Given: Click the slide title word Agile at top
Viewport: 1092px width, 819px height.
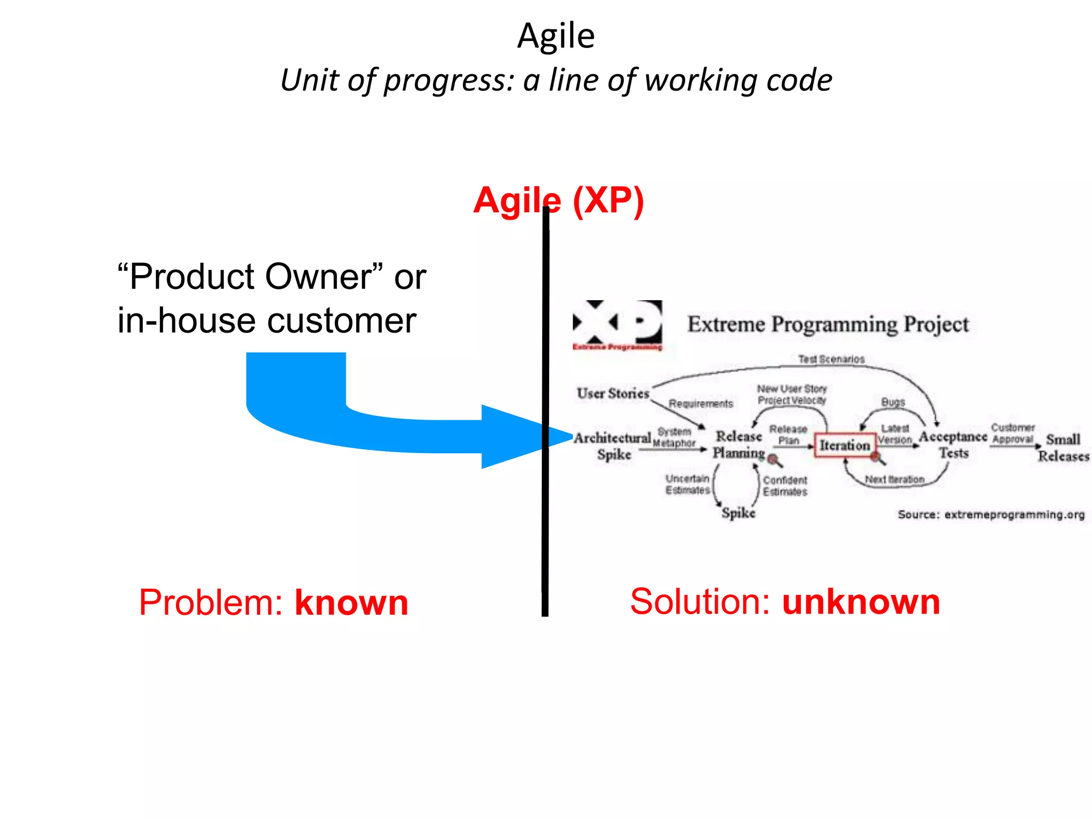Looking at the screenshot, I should point(556,36).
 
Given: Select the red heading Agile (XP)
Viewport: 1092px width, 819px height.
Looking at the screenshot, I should point(558,201).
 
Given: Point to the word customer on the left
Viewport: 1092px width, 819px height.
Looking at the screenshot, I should point(341,321).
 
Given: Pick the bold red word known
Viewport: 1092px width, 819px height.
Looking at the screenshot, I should point(351,603).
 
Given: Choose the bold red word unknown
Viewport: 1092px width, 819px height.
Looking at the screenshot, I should point(861,601).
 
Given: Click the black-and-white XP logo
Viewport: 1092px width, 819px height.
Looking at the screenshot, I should point(617,323).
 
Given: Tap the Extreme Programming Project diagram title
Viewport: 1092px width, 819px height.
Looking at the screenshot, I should point(828,324).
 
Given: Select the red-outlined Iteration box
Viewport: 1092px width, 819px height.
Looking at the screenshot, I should point(844,445).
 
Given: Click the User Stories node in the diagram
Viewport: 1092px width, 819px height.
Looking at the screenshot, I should point(613,394).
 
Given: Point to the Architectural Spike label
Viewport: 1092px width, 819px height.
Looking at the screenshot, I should point(613,446).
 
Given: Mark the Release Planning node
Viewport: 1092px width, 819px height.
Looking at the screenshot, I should point(738,445).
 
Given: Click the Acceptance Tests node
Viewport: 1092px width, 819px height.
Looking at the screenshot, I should point(953,445).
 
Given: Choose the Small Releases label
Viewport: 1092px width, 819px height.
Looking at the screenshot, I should point(1063,448).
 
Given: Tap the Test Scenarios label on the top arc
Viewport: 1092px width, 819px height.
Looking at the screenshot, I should point(831,359).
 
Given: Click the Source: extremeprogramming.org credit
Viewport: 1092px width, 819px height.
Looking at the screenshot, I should point(991,515).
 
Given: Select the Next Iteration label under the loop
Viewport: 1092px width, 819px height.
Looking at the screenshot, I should point(894,479).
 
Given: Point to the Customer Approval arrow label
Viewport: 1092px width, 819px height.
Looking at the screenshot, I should point(1013,433).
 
